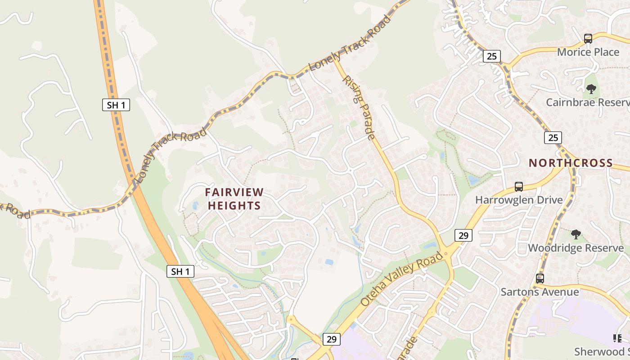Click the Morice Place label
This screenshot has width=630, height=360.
click(x=588, y=52)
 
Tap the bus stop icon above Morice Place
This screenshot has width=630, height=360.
click(x=588, y=39)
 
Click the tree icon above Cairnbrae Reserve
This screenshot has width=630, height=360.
click(x=591, y=89)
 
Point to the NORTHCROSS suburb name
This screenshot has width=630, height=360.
click(x=571, y=163)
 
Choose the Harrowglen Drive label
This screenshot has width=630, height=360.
click(x=519, y=200)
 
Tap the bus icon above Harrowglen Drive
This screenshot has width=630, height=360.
click(x=519, y=186)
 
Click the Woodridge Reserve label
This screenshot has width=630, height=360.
click(x=576, y=248)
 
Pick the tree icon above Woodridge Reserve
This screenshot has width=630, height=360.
click(x=576, y=234)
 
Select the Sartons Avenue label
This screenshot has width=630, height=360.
click(x=540, y=292)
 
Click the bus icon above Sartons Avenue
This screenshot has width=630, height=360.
click(x=540, y=279)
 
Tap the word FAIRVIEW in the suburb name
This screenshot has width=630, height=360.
click(x=234, y=192)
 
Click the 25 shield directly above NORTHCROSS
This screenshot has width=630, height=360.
click(x=553, y=138)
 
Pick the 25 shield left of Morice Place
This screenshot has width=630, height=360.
click(x=491, y=56)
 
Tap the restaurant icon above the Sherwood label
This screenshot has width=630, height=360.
click(x=617, y=338)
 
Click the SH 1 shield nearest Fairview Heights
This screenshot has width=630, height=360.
click(x=180, y=271)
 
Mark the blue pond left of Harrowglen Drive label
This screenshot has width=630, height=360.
click(x=473, y=180)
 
